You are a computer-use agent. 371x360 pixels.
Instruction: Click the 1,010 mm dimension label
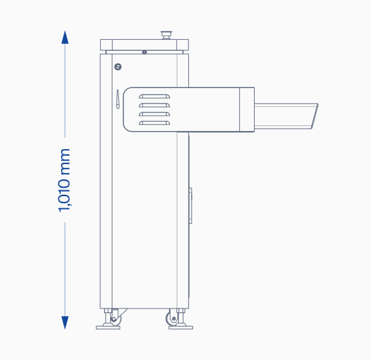pos(64,180)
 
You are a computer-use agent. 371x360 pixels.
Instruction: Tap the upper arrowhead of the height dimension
pos(65,37)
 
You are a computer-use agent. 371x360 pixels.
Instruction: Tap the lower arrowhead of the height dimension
pos(65,323)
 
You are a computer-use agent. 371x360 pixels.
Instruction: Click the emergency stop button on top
pos(167,35)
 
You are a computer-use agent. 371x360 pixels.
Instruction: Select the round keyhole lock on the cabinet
pos(118,67)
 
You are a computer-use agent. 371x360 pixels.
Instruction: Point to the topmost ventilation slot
pos(154,96)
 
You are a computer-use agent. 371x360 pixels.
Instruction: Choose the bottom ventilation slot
pos(154,123)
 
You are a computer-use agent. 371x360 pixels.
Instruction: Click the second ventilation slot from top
pos(154,105)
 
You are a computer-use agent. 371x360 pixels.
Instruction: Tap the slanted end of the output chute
pos(314,116)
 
